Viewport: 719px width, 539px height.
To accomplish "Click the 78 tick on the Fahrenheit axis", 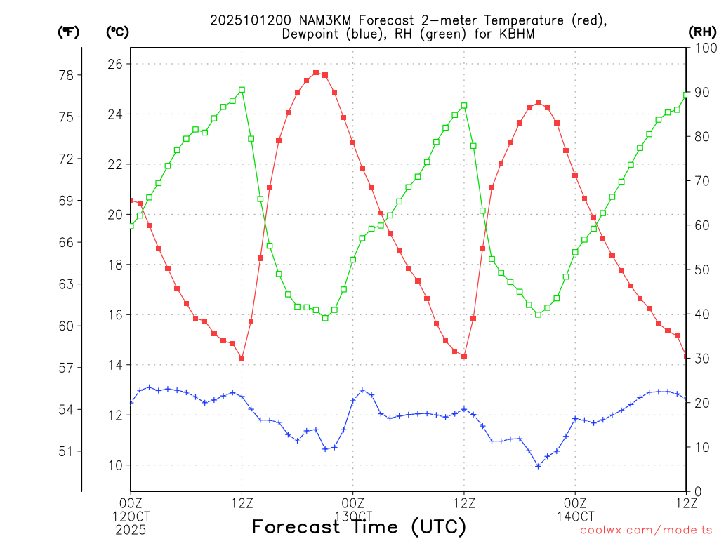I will pos(70,75).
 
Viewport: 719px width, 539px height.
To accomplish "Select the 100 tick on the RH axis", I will pos(701,48).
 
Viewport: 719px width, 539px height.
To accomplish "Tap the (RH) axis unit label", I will pos(702,32).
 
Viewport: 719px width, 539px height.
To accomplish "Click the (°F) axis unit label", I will pos(69,32).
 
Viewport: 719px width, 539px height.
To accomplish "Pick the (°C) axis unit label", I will pos(117,32).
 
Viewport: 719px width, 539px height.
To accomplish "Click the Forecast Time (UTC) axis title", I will pos(359,526).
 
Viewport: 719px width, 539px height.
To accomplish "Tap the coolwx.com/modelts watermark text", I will pos(646,531).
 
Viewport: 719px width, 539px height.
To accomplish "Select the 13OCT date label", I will pos(352,515).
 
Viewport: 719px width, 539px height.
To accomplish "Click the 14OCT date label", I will pos(575,515).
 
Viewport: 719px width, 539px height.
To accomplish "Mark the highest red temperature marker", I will pos(316,72).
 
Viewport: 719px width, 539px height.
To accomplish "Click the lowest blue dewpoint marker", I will pos(539,466).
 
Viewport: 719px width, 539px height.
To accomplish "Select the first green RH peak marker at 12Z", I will pos(242,90).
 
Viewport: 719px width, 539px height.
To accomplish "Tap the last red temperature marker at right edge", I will pos(686,357).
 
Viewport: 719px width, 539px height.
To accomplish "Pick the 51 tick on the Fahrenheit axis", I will pos(70,451).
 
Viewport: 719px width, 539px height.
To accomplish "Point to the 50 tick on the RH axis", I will pos(701,269).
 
